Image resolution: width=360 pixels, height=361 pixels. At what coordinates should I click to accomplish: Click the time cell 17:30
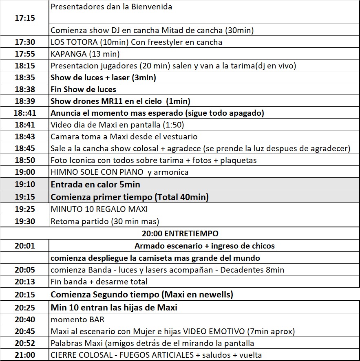24,42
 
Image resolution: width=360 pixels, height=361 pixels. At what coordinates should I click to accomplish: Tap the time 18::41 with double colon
24,113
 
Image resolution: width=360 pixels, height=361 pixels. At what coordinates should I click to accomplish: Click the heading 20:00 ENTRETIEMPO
180,233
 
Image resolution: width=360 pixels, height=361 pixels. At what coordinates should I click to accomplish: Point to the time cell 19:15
24,197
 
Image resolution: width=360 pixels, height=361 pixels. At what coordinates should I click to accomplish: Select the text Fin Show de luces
83,89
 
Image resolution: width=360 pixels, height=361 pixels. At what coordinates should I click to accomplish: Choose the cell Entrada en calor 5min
95,185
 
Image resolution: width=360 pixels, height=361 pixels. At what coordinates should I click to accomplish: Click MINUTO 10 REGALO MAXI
99,209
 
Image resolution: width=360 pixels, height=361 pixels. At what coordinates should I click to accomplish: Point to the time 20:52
24,343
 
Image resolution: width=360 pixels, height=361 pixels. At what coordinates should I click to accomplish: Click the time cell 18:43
24,136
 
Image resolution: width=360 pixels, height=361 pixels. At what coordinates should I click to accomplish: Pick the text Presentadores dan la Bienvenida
111,7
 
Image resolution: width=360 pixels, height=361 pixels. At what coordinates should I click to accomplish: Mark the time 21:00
24,355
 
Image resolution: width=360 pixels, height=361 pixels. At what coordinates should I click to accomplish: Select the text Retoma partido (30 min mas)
105,222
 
